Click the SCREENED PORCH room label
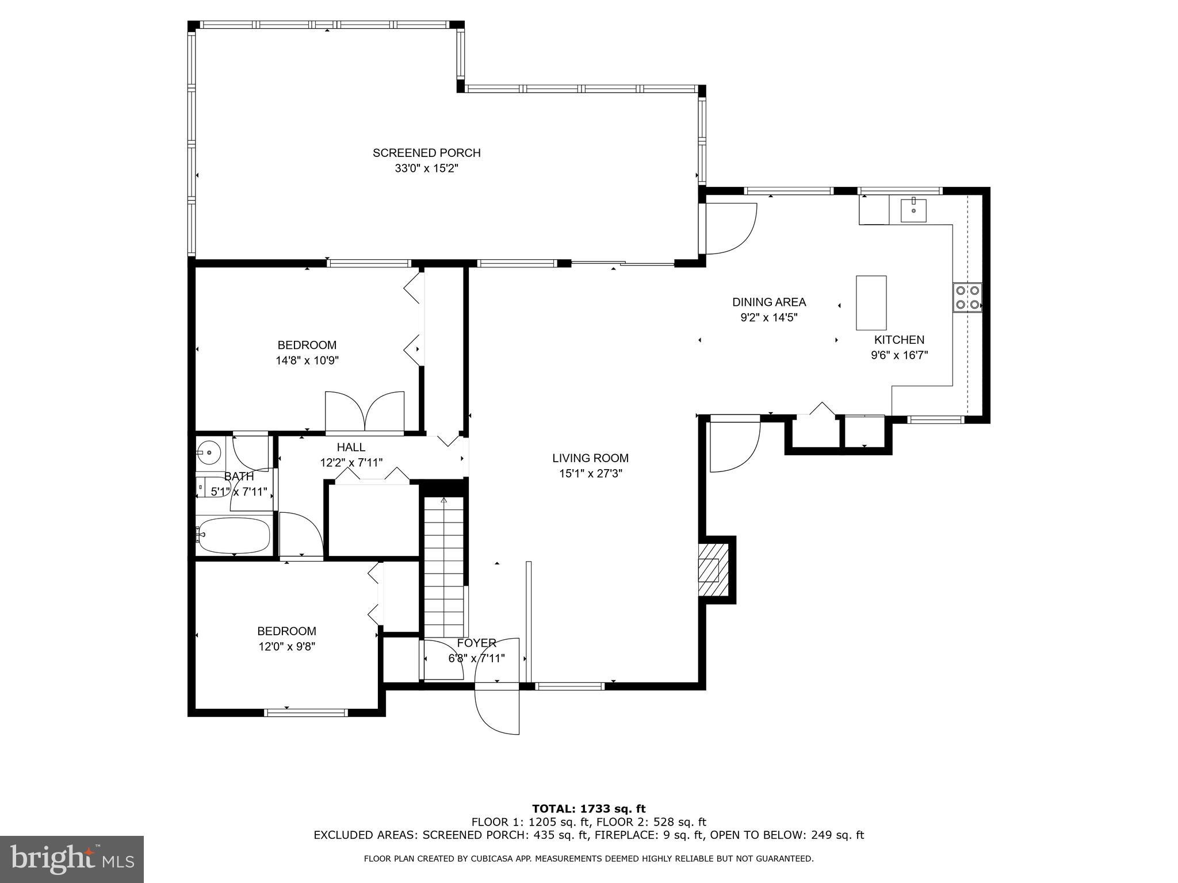point(426,153)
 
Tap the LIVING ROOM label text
point(590,458)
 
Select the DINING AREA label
point(769,302)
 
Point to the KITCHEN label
point(899,340)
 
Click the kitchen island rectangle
point(871,303)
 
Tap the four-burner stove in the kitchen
point(967,298)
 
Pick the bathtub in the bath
point(233,535)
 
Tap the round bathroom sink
point(209,453)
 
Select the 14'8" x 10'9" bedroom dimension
point(307,360)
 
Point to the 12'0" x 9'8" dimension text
point(286,646)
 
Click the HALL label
point(351,447)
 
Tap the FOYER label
point(476,643)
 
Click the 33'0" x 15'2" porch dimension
point(426,168)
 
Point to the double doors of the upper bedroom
point(365,411)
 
